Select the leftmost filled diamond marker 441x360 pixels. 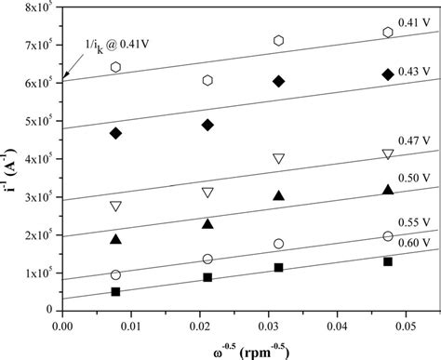pos(115,133)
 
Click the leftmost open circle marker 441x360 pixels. pos(115,274)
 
